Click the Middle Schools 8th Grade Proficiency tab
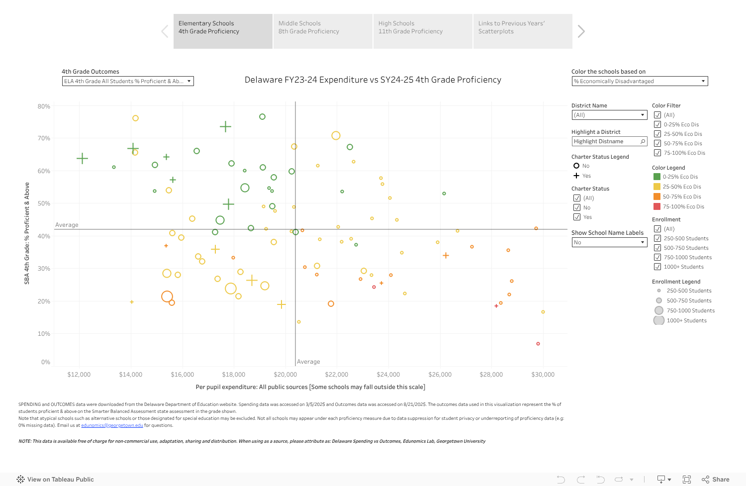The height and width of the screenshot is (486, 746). click(x=322, y=31)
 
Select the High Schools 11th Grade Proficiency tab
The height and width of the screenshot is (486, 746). click(x=422, y=31)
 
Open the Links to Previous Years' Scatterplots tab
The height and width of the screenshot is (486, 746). click(x=522, y=31)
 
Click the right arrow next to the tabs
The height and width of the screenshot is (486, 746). click(x=581, y=31)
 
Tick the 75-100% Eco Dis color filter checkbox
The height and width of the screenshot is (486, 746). click(x=657, y=153)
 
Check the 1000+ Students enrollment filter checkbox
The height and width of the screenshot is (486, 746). click(x=657, y=267)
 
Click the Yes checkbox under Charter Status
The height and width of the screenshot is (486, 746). click(x=577, y=217)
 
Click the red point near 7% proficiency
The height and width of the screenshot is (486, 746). click(x=538, y=344)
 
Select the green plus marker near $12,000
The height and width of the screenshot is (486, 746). click(x=82, y=159)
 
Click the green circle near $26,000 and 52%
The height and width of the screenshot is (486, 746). click(x=444, y=194)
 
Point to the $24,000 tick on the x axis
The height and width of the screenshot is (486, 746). click(x=388, y=375)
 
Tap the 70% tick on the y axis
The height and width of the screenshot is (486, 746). click(x=44, y=138)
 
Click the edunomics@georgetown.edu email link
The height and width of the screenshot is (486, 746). click(x=112, y=425)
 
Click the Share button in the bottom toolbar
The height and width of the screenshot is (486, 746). click(x=716, y=480)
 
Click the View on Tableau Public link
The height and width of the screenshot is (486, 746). click(x=55, y=480)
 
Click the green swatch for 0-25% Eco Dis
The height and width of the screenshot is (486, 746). click(x=657, y=177)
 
